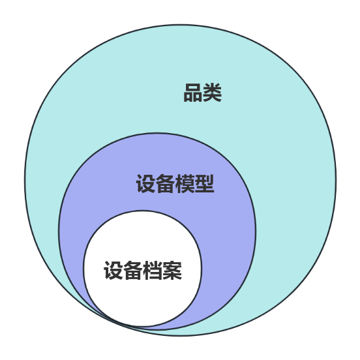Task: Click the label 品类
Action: pyautogui.click(x=202, y=93)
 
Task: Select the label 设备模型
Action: pyautogui.click(x=175, y=184)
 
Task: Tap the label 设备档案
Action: pyautogui.click(x=143, y=271)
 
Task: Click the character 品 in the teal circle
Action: pyautogui.click(x=193, y=93)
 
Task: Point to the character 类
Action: pyautogui.click(x=213, y=93)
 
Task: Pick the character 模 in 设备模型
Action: pyautogui.click(x=185, y=184)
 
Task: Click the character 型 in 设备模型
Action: pyautogui.click(x=205, y=184)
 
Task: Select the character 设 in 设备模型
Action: pyautogui.click(x=145, y=184)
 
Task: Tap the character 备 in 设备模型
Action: pyautogui.click(x=165, y=184)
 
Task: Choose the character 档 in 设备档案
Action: pyautogui.click(x=153, y=271)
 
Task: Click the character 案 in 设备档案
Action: pyautogui.click(x=172, y=271)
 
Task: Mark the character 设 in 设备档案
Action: pyautogui.click(x=113, y=271)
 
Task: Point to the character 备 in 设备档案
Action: pyautogui.click(x=133, y=271)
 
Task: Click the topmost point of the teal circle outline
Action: pyautogui.click(x=181, y=24)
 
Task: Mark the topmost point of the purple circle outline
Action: pyautogui.click(x=157, y=132)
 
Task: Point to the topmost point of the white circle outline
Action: pyautogui.click(x=142, y=211)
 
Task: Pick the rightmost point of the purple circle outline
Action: pyautogui.click(x=256, y=232)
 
